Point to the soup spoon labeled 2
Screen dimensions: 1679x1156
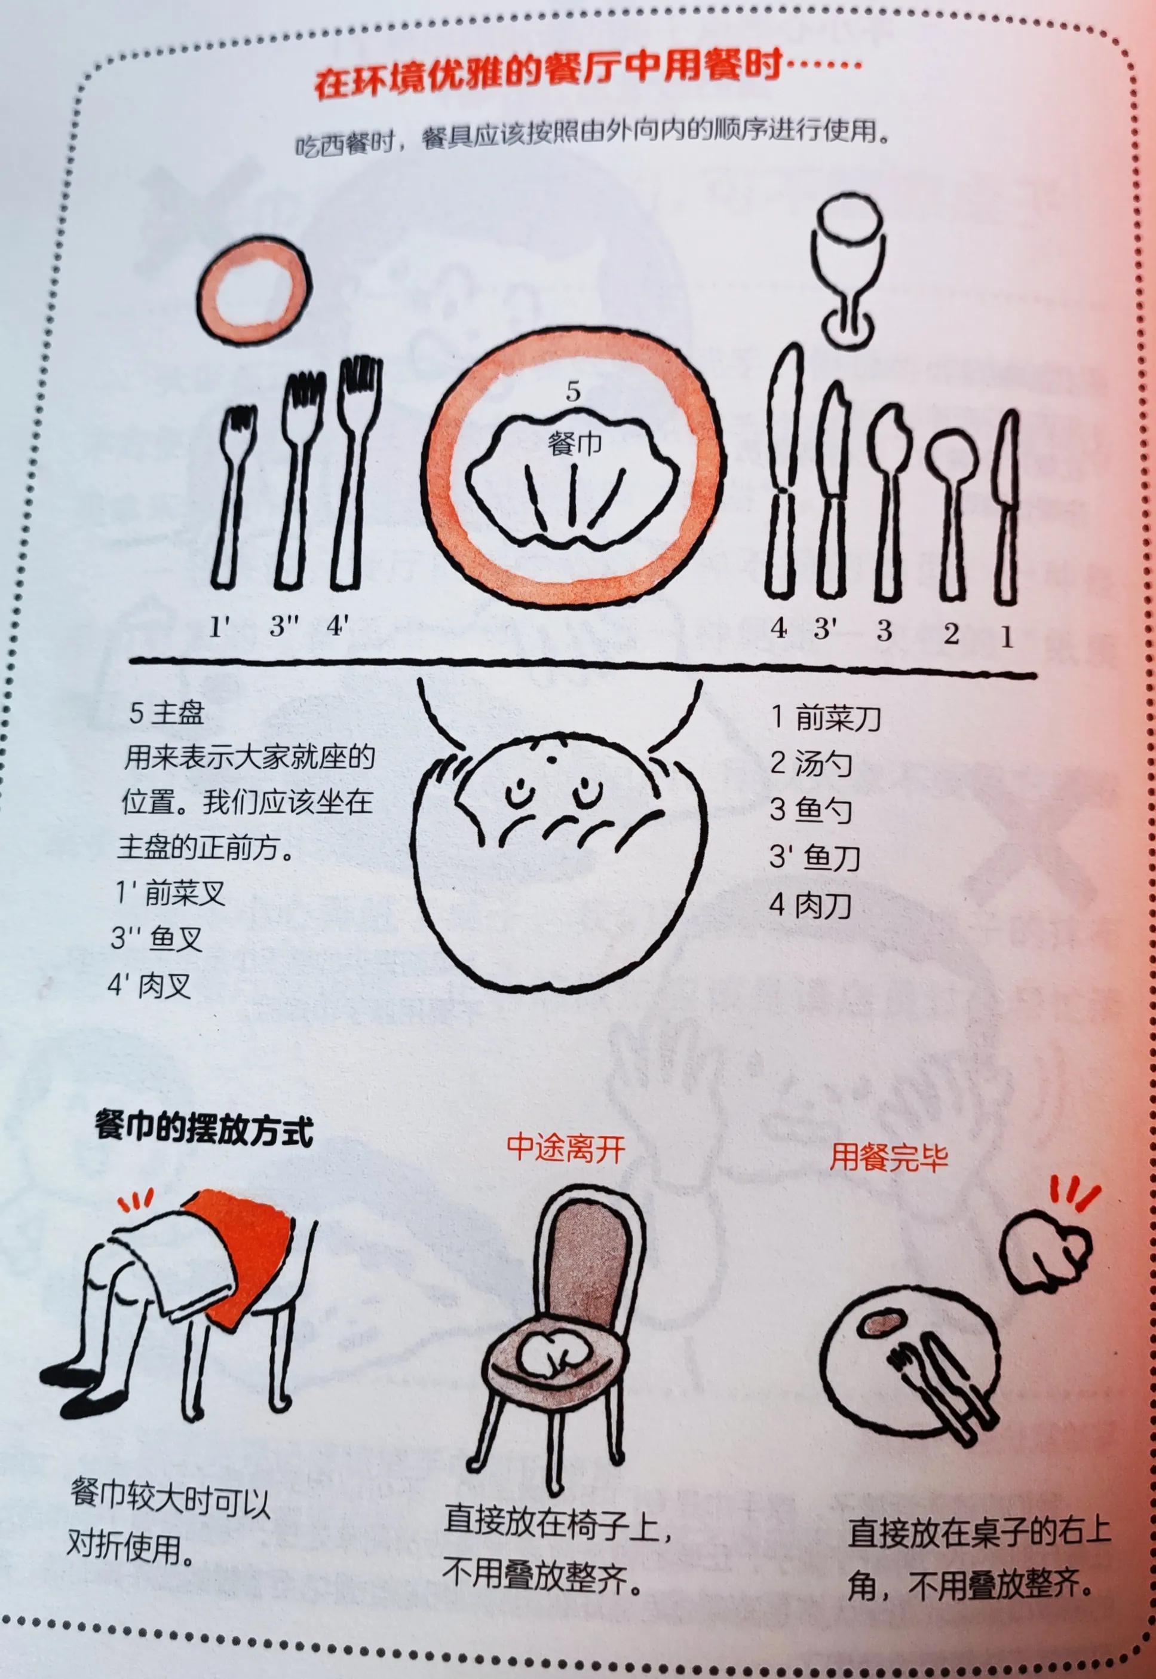pos(951,507)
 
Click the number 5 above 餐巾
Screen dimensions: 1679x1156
pos(574,393)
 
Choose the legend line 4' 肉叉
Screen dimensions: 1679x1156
pos(150,986)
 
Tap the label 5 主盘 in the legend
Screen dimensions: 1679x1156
pos(167,714)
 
